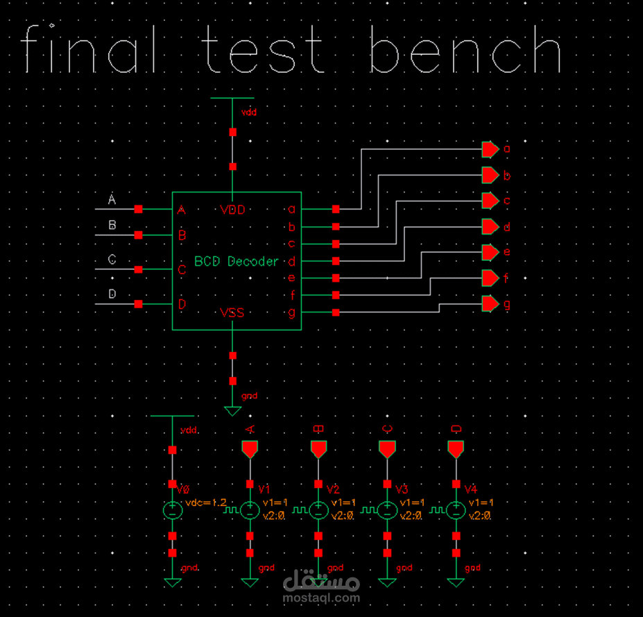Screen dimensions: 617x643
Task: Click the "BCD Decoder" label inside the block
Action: [x=237, y=262]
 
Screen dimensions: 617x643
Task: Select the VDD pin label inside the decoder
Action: [x=232, y=210]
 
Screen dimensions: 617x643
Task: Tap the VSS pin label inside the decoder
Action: [x=232, y=313]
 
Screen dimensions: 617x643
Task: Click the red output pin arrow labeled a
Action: [x=490, y=149]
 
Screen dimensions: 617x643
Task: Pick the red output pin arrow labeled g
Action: [x=490, y=304]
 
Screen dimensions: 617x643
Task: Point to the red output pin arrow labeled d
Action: [x=490, y=227]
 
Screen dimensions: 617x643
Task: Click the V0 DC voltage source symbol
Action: [x=172, y=511]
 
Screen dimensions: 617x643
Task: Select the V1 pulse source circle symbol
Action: [x=250, y=511]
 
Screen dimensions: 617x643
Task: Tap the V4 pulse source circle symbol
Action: [x=455, y=511]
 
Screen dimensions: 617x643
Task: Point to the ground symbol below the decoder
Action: [x=233, y=410]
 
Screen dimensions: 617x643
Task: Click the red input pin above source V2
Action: [x=318, y=449]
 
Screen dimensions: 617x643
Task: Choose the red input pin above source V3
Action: [x=387, y=449]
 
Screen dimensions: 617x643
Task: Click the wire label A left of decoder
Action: [x=112, y=201]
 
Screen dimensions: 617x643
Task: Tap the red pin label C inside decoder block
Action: [x=182, y=270]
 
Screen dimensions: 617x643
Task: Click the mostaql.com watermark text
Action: [x=321, y=597]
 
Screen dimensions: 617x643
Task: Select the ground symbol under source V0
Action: [x=172, y=582]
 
